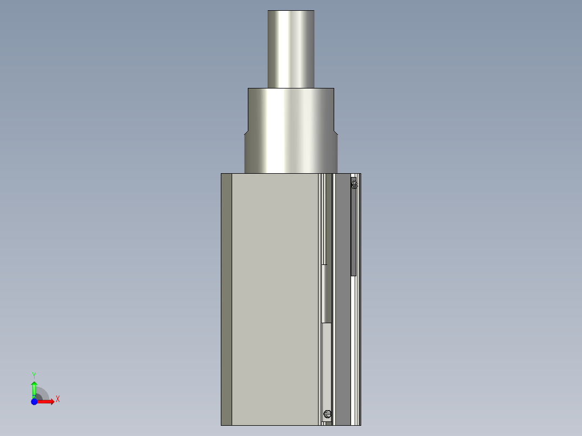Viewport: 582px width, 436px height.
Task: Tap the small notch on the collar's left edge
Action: click(x=246, y=132)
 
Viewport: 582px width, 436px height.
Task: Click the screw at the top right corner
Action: click(x=354, y=185)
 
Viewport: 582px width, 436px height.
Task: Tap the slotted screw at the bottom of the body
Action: click(x=328, y=414)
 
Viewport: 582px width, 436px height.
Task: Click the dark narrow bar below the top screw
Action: click(x=354, y=232)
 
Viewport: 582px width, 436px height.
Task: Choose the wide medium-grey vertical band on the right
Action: click(x=342, y=324)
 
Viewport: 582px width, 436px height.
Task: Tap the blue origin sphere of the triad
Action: click(x=34, y=401)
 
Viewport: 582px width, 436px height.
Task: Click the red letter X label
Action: click(x=58, y=399)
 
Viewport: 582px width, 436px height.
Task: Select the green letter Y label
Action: click(x=34, y=374)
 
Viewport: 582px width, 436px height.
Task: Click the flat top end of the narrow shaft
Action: click(x=291, y=11)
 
